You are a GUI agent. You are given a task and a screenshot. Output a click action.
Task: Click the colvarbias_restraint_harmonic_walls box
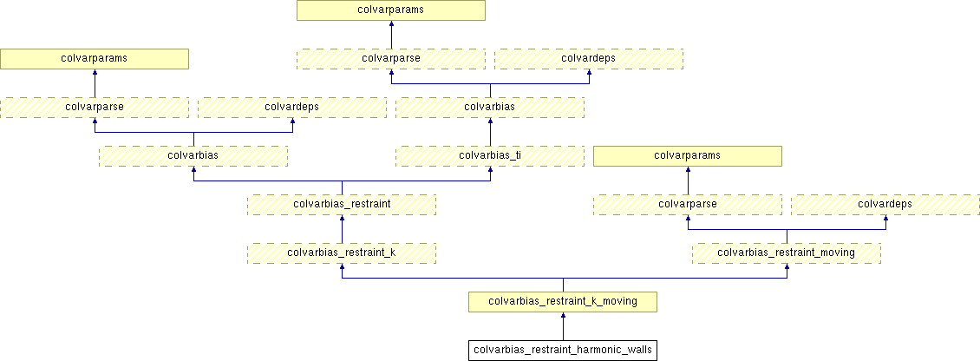[563, 351]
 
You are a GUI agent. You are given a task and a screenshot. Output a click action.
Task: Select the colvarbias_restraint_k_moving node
[563, 302]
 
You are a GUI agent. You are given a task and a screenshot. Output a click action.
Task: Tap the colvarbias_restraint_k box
[342, 253]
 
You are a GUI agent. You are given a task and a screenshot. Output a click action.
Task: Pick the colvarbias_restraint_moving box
[787, 253]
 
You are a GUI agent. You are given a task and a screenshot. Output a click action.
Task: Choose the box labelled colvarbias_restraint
[342, 205]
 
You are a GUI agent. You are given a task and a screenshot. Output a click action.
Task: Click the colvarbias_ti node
[490, 156]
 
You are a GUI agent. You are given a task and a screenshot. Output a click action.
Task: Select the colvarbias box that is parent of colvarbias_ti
[490, 108]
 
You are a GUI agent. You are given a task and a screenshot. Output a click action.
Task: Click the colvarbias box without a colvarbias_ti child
[193, 156]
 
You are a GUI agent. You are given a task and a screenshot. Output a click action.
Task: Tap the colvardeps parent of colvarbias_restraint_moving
[885, 205]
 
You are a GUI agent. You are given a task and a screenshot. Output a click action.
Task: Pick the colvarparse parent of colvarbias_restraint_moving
[688, 205]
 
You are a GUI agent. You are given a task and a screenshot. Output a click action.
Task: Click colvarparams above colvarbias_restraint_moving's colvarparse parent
[688, 156]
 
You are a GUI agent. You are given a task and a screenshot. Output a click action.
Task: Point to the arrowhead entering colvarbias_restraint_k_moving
[563, 317]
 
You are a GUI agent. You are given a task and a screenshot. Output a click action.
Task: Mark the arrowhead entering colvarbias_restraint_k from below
[342, 268]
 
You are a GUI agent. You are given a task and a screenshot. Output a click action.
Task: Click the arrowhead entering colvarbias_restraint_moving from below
[787, 268]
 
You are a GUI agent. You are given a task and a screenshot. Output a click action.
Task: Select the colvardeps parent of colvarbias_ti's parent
[589, 59]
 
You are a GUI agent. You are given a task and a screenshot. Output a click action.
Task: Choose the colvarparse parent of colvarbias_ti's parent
[391, 59]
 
